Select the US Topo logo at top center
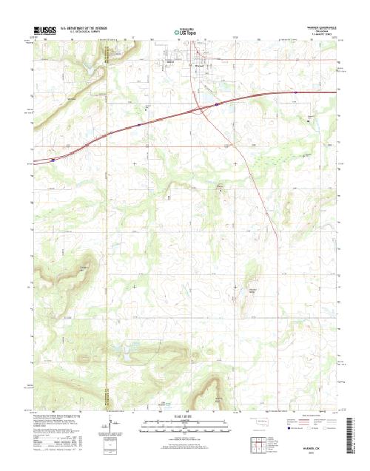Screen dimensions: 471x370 pos(184,32)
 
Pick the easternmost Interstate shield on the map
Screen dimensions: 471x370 pos(295,92)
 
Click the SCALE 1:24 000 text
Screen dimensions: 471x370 pos(184,417)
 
